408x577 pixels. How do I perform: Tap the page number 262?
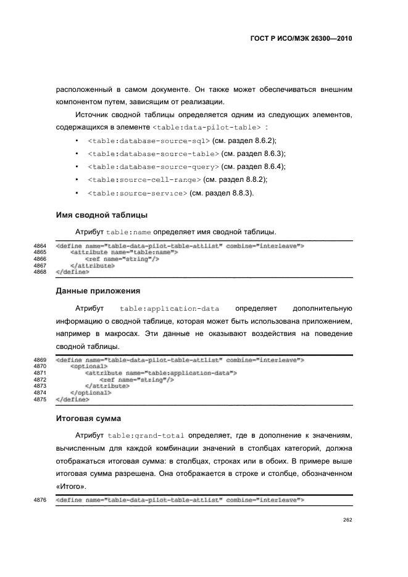(348, 520)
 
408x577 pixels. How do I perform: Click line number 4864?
(40, 246)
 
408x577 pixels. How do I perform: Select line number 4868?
(40, 271)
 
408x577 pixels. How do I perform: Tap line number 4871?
(40, 373)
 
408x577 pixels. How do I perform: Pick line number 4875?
(40, 399)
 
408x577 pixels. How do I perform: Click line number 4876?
(40, 500)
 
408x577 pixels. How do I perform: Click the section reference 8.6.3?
(273, 153)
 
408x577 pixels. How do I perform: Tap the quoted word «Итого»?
(70, 486)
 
